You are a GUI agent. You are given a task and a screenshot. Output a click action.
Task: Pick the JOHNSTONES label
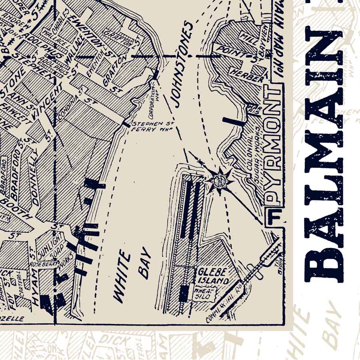[182, 64]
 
